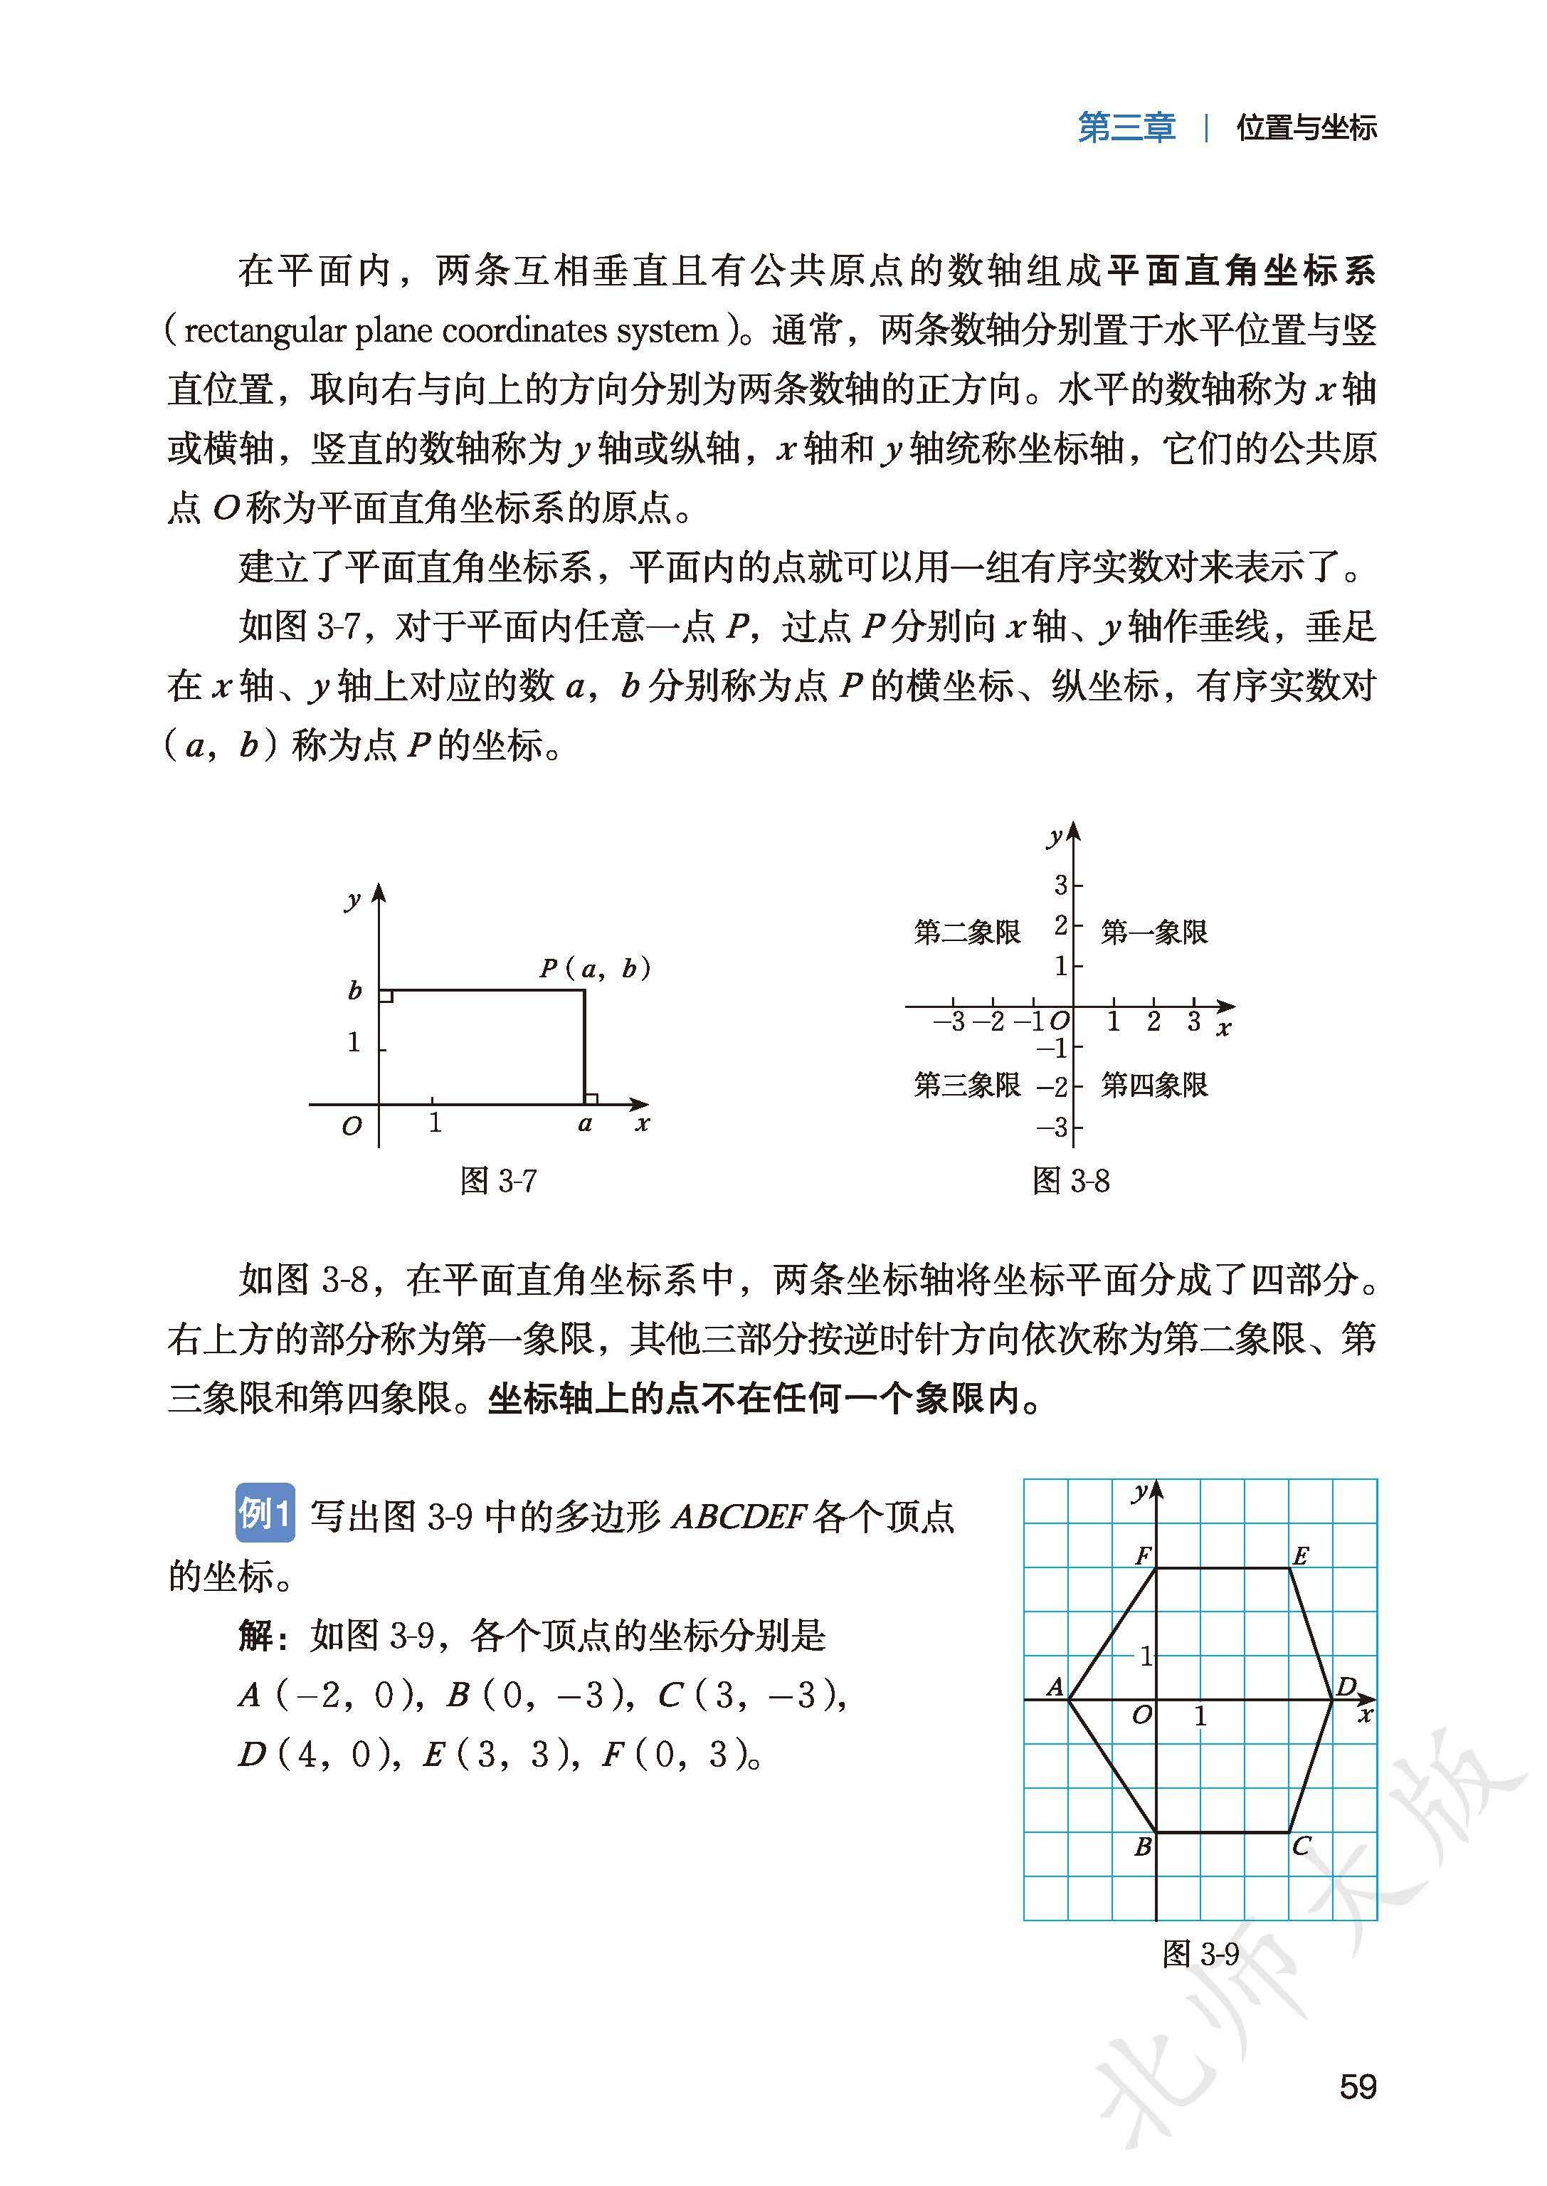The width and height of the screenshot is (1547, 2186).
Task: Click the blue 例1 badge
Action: (x=264, y=1513)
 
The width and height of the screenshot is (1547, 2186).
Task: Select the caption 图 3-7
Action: (x=498, y=1182)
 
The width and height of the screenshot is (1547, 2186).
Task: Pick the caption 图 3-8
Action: (x=1071, y=1182)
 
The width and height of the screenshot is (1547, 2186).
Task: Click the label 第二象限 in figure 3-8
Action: (x=967, y=931)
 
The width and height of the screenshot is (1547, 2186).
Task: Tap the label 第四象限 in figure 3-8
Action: (x=1153, y=1084)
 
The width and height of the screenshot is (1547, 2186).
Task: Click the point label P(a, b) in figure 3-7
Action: (x=594, y=969)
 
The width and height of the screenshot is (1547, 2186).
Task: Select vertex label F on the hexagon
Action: (x=1143, y=1556)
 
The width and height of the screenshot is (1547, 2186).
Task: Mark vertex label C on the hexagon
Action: (x=1302, y=1846)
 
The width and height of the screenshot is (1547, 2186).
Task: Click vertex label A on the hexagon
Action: (x=1055, y=1688)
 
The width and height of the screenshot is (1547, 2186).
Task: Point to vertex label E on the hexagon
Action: (x=1300, y=1556)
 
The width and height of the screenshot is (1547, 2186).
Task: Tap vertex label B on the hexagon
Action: (x=1143, y=1846)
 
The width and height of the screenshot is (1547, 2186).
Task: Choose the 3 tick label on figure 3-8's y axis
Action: (x=1060, y=886)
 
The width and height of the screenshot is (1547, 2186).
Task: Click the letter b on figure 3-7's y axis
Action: (x=354, y=991)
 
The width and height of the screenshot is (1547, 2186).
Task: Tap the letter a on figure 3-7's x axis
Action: (x=585, y=1125)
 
